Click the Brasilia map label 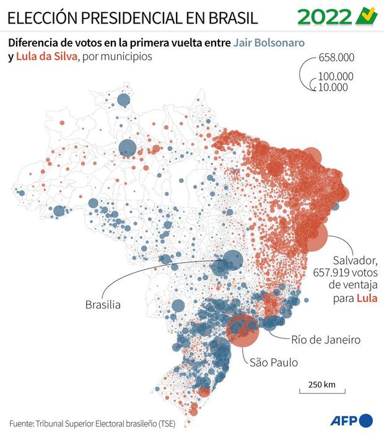pos(103,304)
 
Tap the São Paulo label pos(274,363)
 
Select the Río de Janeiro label pos(326,340)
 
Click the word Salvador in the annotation pos(355,260)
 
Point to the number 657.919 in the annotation pos(331,273)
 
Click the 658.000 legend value pos(336,58)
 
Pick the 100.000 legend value pos(336,76)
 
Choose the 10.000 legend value pos(333,87)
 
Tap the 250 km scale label pos(322,384)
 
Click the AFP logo pos(351,420)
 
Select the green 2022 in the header pos(325,17)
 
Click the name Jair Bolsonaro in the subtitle pos(269,43)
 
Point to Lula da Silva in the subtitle pos(46,56)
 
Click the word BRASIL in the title pos(233,18)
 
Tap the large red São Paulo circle pos(243,330)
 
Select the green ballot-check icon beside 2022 pos(367,16)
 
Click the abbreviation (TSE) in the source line pos(167,424)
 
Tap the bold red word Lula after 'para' pos(367,298)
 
